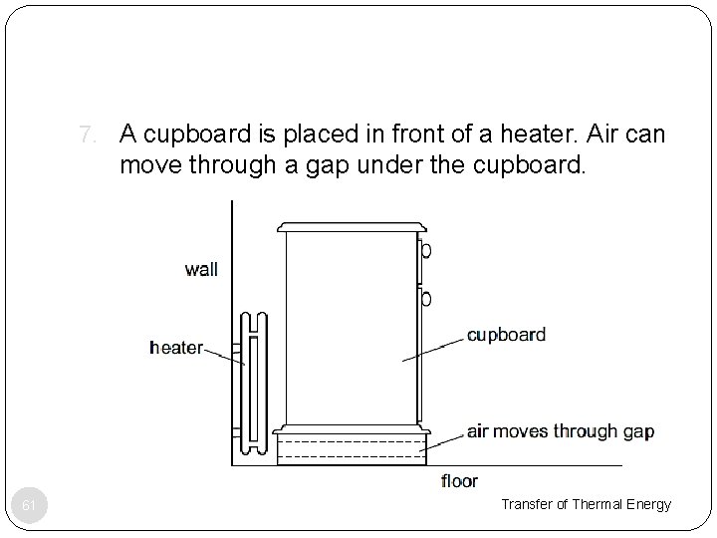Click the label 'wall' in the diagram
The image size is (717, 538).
[200, 270]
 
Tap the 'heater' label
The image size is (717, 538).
[175, 348]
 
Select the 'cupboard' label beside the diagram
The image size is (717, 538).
[506, 335]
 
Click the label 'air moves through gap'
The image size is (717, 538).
[560, 431]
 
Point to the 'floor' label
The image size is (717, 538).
[459, 482]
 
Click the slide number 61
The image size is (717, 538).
[30, 506]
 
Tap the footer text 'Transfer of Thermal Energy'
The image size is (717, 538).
[586, 505]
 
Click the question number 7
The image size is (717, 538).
[87, 133]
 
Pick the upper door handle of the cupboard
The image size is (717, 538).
[425, 251]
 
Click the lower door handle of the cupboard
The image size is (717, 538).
[425, 298]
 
